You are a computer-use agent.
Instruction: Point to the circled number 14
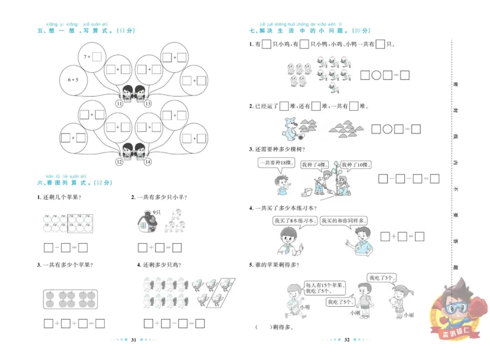pyautogui.click(x=148, y=162)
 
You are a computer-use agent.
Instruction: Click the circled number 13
pyautogui.click(x=148, y=104)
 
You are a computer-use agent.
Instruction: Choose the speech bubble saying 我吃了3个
pyautogui.click(x=380, y=278)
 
